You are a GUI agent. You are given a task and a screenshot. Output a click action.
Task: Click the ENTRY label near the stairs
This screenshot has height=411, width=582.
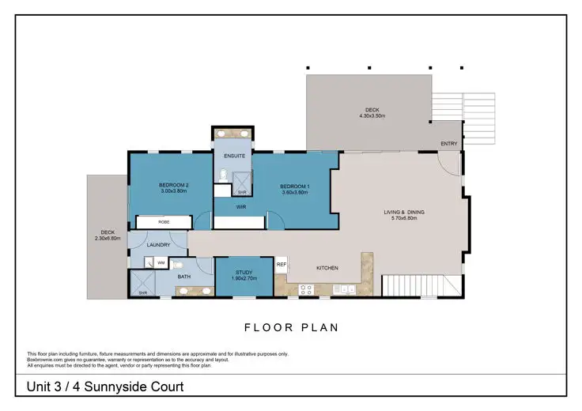(449, 144)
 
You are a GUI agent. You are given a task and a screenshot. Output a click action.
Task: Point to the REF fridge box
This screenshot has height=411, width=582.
(282, 265)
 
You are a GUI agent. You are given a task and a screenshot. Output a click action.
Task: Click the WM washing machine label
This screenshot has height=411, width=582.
(161, 262)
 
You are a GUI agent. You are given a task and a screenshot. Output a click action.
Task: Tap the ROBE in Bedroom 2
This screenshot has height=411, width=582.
(164, 222)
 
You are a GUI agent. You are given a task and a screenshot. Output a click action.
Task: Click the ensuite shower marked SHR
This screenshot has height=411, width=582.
(242, 185)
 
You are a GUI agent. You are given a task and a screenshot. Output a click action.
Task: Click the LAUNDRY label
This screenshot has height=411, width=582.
(158, 245)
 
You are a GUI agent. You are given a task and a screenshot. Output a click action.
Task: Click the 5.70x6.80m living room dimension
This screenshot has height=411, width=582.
(400, 218)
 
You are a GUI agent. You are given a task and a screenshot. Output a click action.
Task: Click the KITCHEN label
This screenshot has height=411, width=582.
(327, 268)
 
